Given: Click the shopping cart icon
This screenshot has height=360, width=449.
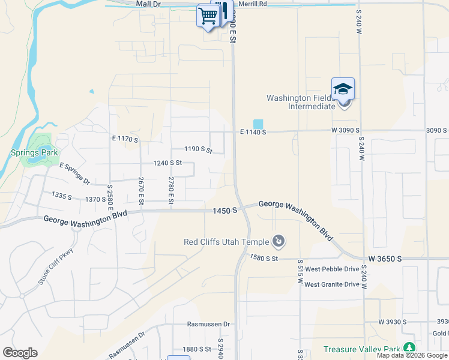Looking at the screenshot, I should click(x=208, y=15).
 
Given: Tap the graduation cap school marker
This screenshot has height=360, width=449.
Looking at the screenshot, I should click(x=343, y=89).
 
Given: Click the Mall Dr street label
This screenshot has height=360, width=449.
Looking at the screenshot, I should click(x=149, y=4).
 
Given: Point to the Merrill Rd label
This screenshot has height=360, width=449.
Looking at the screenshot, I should click(x=252, y=4).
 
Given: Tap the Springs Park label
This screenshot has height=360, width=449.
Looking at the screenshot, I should click(x=34, y=152).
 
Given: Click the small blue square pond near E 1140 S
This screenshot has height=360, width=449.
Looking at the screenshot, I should click(x=258, y=123).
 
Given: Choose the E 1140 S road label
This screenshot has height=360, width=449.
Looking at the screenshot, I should click(x=253, y=132).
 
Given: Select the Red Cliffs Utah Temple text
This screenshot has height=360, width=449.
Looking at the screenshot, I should click(x=226, y=242).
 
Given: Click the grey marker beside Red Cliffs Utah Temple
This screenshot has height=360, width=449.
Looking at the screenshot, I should click(x=279, y=242).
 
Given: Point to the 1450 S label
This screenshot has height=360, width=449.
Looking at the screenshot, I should click(x=225, y=211).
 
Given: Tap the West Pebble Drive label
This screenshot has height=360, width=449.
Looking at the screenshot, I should click(x=331, y=269).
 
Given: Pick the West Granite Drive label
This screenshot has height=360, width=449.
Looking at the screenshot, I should click(x=331, y=284).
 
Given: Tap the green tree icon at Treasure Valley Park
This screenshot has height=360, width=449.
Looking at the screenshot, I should click(x=409, y=348).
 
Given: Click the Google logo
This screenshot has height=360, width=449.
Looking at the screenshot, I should click(x=20, y=353).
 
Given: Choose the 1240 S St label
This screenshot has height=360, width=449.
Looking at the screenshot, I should click(x=167, y=163).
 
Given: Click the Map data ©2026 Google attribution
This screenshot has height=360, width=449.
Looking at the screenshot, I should click(x=412, y=355).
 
